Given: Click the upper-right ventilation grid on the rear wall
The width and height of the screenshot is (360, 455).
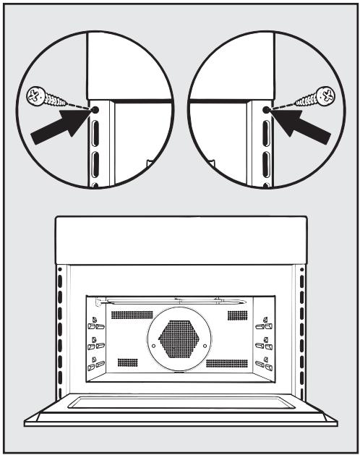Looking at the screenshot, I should click(237, 315).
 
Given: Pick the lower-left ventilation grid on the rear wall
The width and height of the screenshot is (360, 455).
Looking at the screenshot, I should click(127, 361).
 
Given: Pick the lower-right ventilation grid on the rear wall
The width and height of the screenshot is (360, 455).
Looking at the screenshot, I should click(227, 362).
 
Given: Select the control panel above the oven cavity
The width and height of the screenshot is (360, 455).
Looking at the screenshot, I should click(180, 239).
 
